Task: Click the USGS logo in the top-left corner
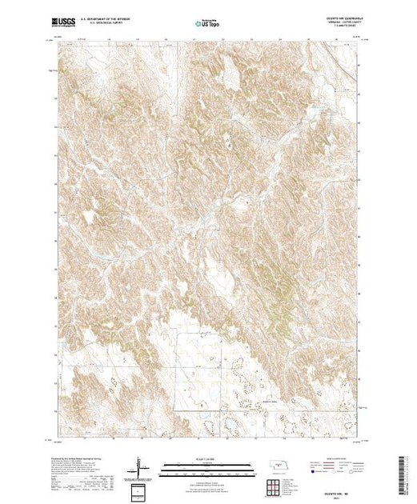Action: [65, 25]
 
